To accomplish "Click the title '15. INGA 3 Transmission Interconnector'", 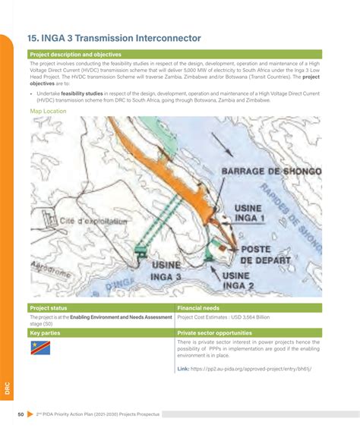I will click(114, 37).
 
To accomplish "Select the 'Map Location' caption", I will click(48, 111).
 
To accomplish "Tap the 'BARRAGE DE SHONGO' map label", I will click(271, 172).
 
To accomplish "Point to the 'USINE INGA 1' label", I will click(250, 213).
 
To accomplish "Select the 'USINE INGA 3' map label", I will click(166, 271).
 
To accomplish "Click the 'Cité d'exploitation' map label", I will click(92, 220).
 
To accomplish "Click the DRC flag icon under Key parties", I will click(40, 348).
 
